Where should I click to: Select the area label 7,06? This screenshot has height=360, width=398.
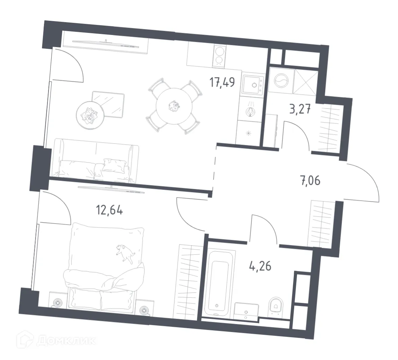309,180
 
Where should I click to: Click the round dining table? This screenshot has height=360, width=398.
174,106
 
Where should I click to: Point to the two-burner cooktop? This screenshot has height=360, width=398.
219,55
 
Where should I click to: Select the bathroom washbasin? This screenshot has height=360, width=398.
246,310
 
